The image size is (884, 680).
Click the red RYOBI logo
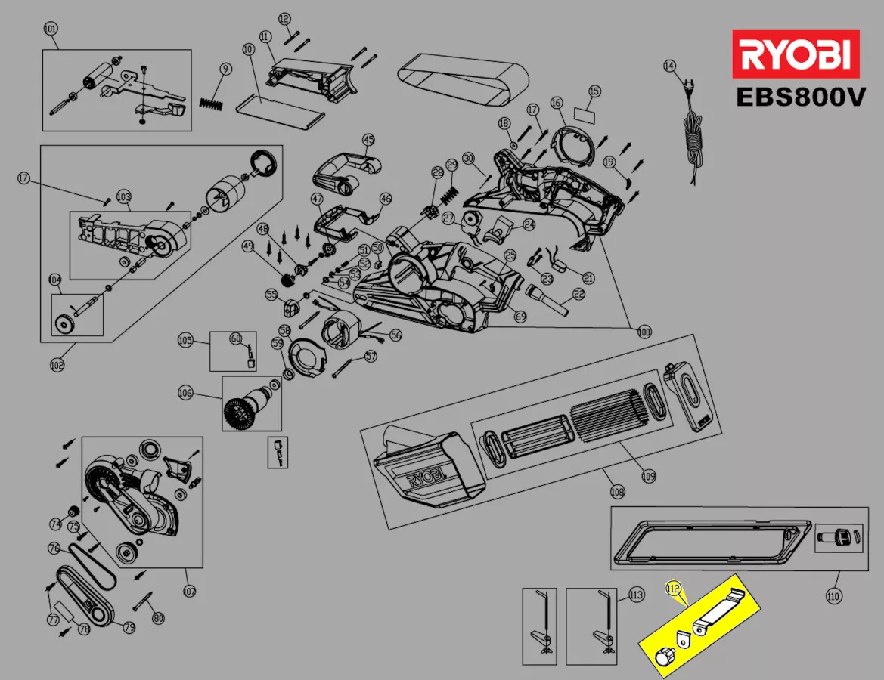pyautogui.click(x=796, y=54)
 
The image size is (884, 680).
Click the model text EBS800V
pyautogui.click(x=800, y=98)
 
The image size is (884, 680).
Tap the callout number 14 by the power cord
pyautogui.click(x=669, y=66)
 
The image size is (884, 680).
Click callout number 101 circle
pyautogui.click(x=51, y=29)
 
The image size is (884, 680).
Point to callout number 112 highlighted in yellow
pyautogui.click(x=672, y=586)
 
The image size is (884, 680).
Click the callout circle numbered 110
pyautogui.click(x=833, y=596)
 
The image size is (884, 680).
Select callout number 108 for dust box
pyautogui.click(x=618, y=492)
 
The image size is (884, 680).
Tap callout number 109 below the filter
pyautogui.click(x=648, y=476)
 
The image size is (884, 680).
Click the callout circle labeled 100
pyautogui.click(x=644, y=331)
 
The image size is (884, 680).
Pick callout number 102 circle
pyautogui.click(x=57, y=365)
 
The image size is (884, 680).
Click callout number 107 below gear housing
pyautogui.click(x=189, y=591)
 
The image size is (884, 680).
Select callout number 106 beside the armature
pyautogui.click(x=185, y=393)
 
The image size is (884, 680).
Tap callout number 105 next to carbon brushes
pyautogui.click(x=185, y=340)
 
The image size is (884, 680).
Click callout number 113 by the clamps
pyautogui.click(x=636, y=595)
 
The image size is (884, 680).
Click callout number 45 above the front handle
pyautogui.click(x=368, y=140)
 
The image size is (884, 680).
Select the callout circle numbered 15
pyautogui.click(x=594, y=91)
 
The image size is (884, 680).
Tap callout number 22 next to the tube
pyautogui.click(x=579, y=294)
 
